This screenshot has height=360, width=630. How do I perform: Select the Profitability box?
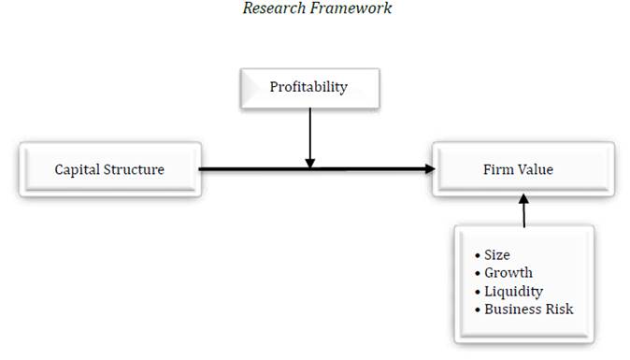308,88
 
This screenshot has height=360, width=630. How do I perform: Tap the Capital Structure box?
109,169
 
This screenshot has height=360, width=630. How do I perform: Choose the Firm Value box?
523,169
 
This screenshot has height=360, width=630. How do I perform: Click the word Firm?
499,169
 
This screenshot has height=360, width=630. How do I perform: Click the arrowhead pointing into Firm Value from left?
430,169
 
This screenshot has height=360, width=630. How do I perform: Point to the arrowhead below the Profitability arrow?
309,164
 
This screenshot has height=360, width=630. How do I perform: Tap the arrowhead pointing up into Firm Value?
523,199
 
